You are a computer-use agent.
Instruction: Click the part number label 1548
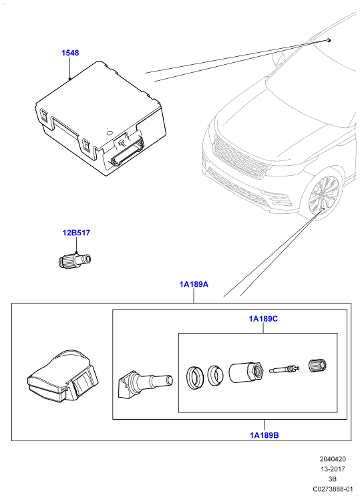70,53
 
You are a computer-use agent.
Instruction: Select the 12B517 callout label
76,233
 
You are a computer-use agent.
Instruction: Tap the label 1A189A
194,284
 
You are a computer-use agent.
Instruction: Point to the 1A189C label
263,319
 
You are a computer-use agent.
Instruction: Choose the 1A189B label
264,435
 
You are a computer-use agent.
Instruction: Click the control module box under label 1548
100,118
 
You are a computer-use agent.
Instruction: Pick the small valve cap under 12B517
75,259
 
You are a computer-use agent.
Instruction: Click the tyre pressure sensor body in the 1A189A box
63,376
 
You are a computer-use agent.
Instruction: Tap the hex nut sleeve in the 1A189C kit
246,372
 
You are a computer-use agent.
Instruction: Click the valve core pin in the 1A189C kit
284,369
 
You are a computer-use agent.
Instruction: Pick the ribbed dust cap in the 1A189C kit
318,365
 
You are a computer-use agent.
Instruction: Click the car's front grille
240,156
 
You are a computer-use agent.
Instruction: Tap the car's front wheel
323,196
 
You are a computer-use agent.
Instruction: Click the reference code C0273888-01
333,489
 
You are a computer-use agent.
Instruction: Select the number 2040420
333,459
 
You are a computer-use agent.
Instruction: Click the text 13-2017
333,469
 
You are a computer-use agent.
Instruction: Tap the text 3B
333,479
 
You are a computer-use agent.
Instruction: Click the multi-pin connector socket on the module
127,152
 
